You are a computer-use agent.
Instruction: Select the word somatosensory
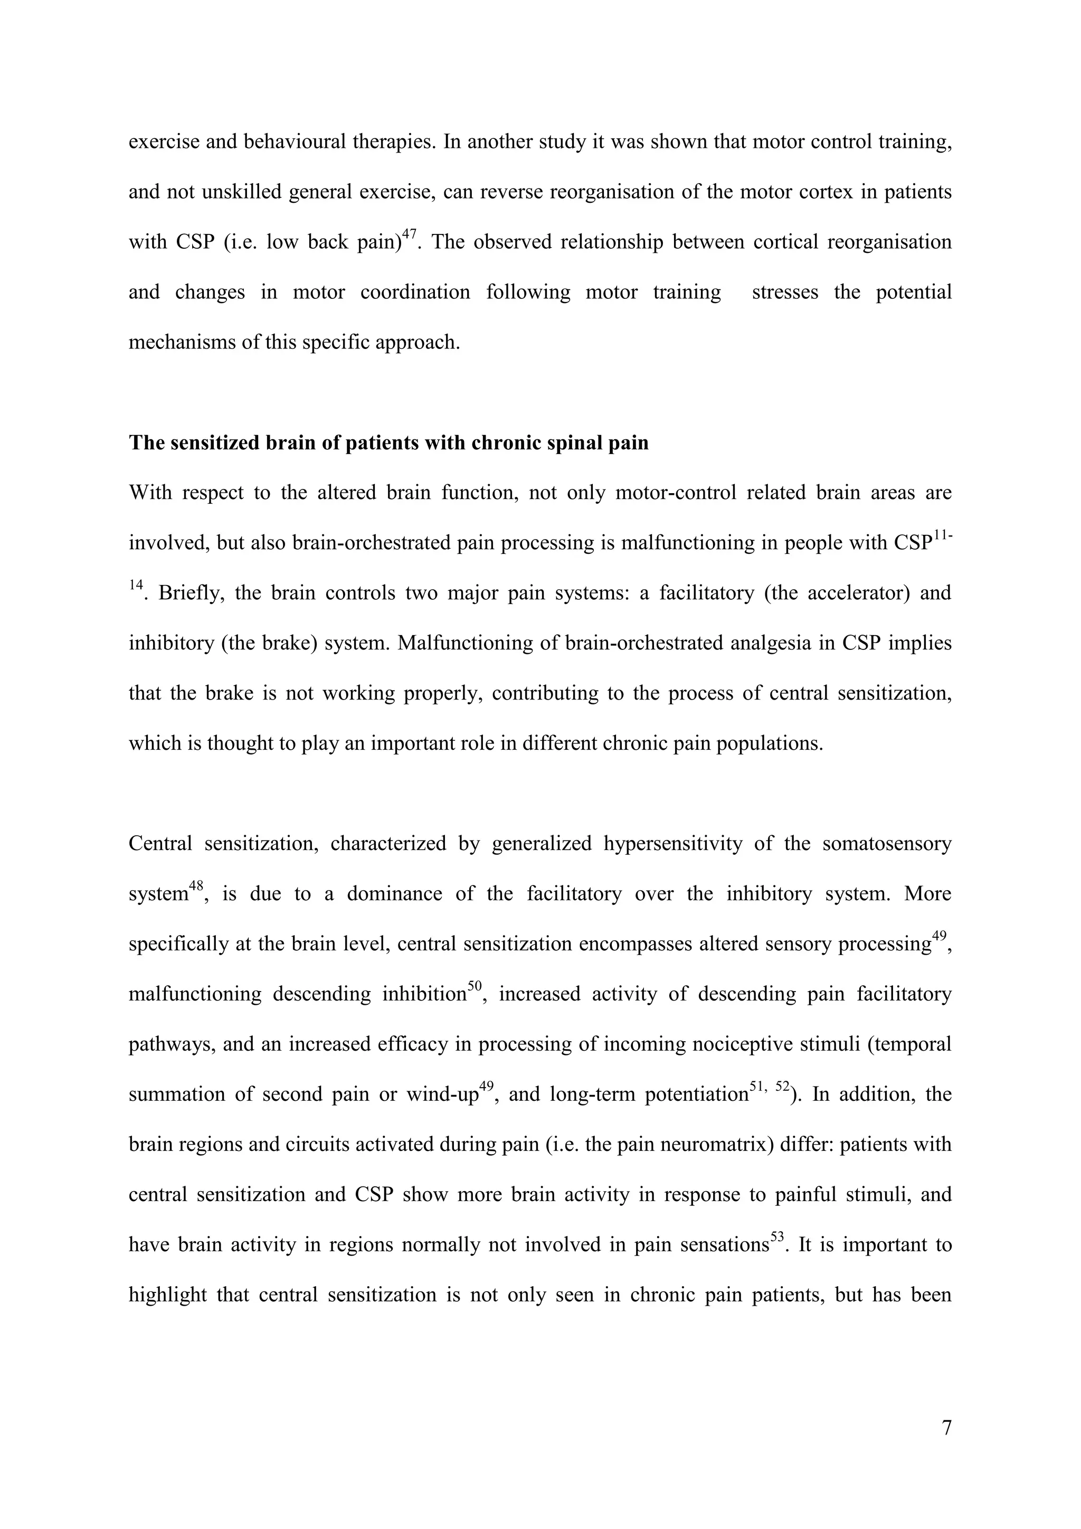pos(887,844)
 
